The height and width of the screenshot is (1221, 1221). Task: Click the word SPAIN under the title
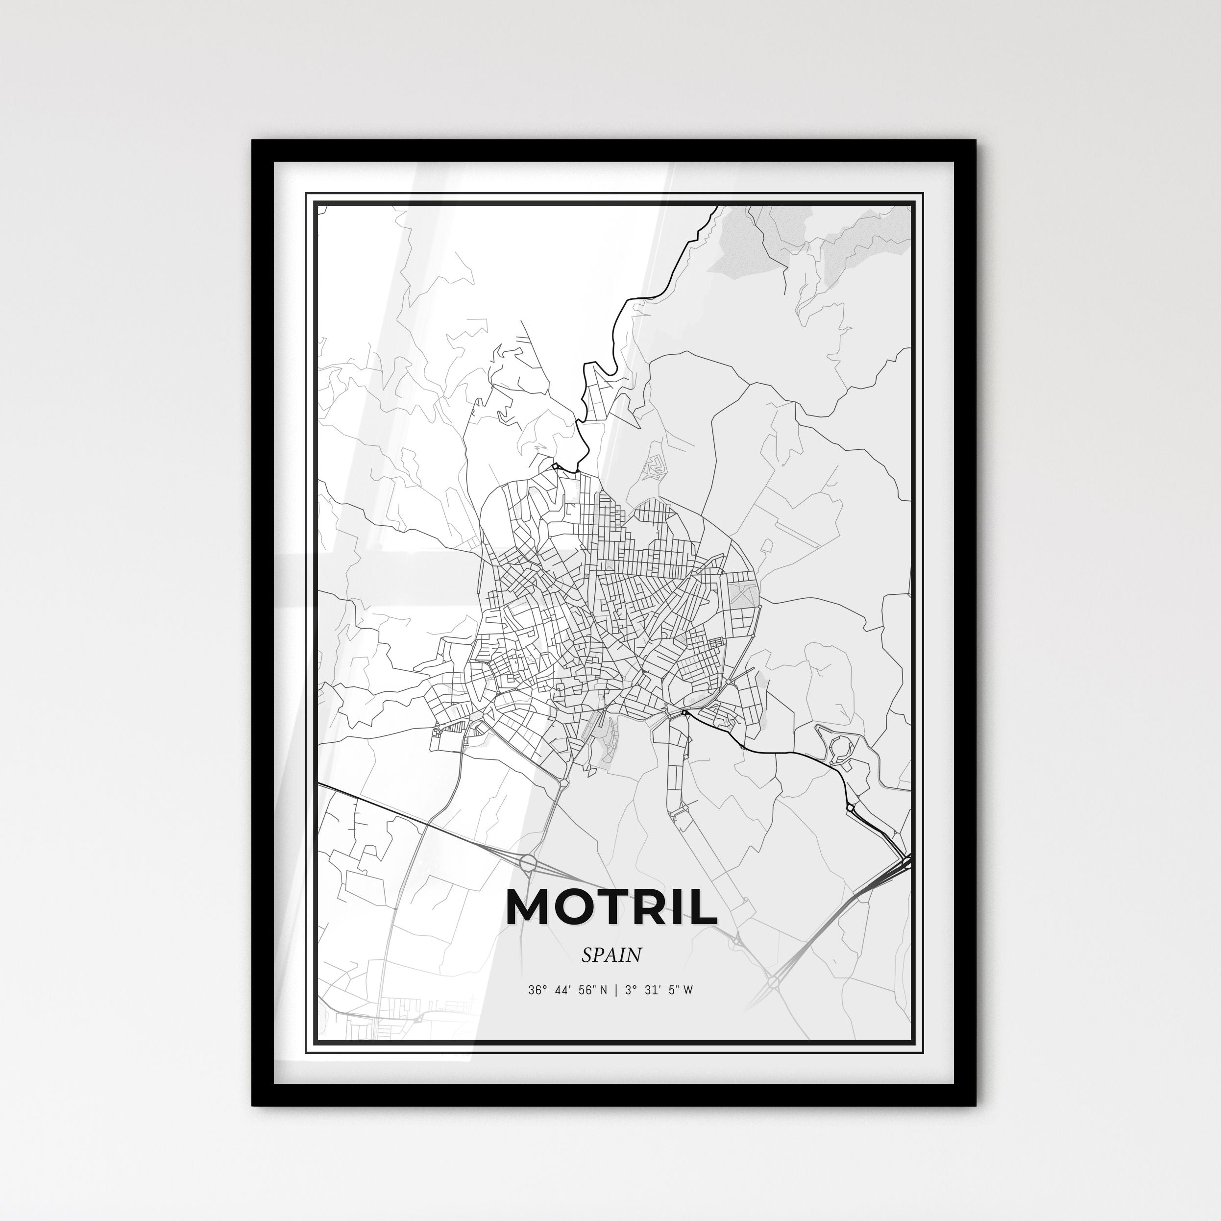tap(611, 954)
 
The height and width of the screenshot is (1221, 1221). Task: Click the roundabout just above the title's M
tap(528, 861)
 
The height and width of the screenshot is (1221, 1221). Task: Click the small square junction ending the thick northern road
tap(556, 466)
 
